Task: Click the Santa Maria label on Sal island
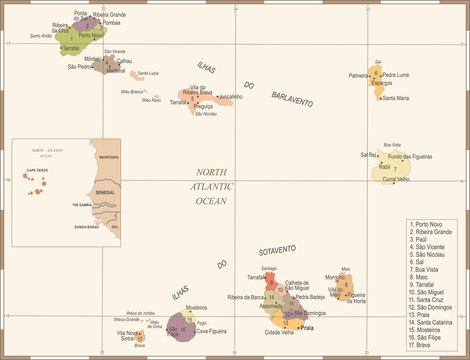[x=395, y=98]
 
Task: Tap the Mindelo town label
[x=92, y=59]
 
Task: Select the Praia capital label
[x=308, y=327]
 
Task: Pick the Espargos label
[x=381, y=82]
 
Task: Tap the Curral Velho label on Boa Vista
[x=395, y=179]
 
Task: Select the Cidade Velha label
[x=279, y=332]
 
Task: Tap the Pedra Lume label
[x=394, y=74]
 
